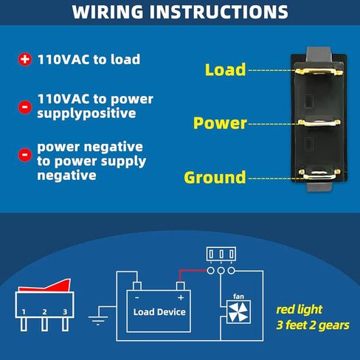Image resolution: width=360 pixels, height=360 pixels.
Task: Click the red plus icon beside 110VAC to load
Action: pos(25,59)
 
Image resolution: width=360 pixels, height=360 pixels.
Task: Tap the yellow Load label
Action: pos(225,69)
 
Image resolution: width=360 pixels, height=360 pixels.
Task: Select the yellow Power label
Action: pos(220,123)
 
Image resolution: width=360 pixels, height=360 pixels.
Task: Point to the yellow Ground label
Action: pos(215,177)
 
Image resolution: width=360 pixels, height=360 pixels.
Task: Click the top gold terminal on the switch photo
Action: pos(319,72)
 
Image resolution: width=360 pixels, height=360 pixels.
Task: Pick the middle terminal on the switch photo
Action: pos(319,122)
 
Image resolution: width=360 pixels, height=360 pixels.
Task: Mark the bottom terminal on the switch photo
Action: pos(319,174)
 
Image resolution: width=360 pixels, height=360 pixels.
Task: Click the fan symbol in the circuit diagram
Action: pos(238,312)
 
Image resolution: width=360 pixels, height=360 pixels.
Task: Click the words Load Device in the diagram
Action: pos(159,312)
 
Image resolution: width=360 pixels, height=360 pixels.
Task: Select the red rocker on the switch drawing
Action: pos(45,285)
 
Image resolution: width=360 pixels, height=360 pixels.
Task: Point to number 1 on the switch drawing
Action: pos(24,312)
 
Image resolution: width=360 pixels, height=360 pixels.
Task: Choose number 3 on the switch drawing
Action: pos(65,312)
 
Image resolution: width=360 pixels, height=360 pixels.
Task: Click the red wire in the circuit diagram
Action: pos(193,271)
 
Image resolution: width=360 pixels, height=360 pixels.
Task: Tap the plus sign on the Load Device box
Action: pos(181,298)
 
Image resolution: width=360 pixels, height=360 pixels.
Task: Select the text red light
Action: pos(299,310)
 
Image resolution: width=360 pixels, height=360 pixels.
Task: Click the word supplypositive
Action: pos(86,114)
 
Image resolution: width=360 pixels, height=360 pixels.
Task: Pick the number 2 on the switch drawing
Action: pos(44,312)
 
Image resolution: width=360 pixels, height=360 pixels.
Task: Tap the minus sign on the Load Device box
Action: pos(137,298)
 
